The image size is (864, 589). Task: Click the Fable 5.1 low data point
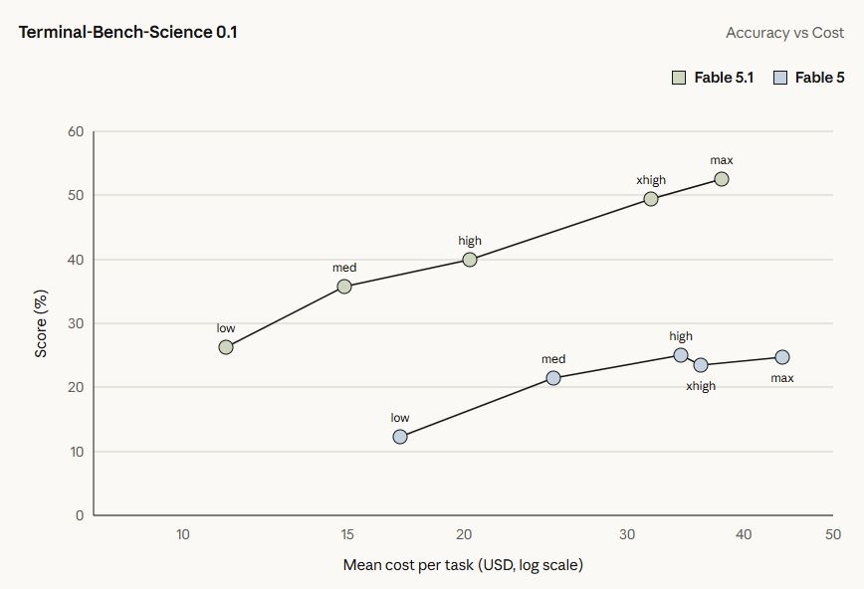tap(226, 347)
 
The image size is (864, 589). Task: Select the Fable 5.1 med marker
tap(344, 287)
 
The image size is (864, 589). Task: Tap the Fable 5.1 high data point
tap(470, 260)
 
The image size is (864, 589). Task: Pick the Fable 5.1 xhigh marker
tap(651, 199)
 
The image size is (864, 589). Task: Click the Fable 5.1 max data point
tap(722, 179)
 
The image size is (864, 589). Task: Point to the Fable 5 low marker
tap(400, 437)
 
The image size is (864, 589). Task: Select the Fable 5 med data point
tap(553, 378)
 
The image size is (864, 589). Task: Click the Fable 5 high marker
tap(681, 355)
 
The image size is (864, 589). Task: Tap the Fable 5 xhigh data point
tap(701, 365)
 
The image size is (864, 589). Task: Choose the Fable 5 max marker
tap(782, 357)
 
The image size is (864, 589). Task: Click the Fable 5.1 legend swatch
tap(679, 78)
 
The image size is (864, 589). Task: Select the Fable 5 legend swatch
tap(780, 78)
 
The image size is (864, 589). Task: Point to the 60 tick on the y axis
tap(76, 131)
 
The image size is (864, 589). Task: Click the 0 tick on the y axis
tap(80, 515)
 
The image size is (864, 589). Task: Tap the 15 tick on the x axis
tap(347, 534)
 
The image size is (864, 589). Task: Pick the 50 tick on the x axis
tap(833, 534)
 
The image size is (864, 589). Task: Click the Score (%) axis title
tap(41, 323)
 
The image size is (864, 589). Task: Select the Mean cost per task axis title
tap(463, 565)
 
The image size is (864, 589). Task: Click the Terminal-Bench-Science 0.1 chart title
tap(127, 32)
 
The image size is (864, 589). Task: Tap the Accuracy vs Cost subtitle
tap(784, 33)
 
